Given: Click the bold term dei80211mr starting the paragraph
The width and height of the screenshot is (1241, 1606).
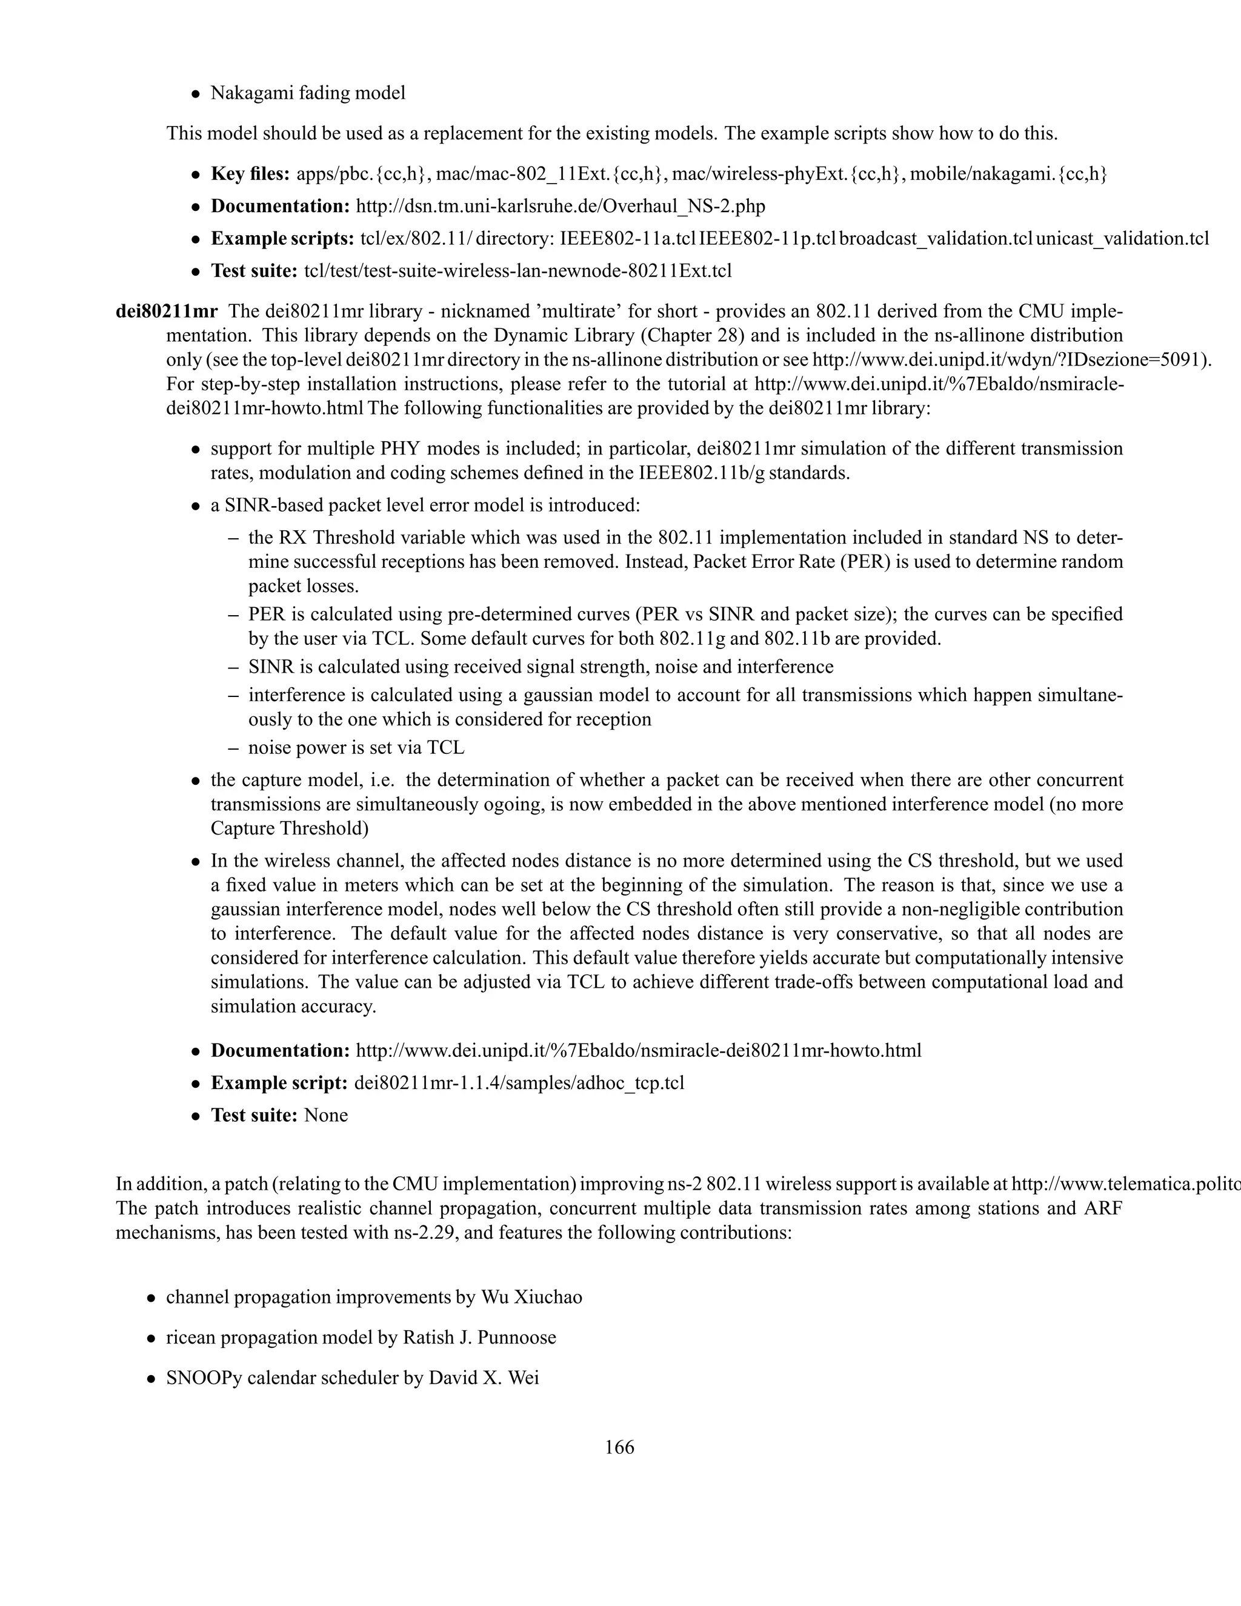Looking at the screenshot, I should coord(166,312).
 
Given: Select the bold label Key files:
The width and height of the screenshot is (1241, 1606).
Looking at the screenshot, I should coord(251,175).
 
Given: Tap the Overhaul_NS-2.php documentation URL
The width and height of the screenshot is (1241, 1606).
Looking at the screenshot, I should coord(561,207).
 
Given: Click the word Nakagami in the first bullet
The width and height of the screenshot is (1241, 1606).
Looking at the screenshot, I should coord(248,93).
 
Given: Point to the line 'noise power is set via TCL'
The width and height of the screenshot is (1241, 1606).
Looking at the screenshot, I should coord(356,748).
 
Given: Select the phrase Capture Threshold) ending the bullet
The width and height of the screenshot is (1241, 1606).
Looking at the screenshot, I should coord(290,828).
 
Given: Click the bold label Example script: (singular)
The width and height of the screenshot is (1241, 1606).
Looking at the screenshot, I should coord(279,1083).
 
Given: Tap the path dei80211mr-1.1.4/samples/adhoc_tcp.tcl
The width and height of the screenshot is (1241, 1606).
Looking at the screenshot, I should coord(519,1083).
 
